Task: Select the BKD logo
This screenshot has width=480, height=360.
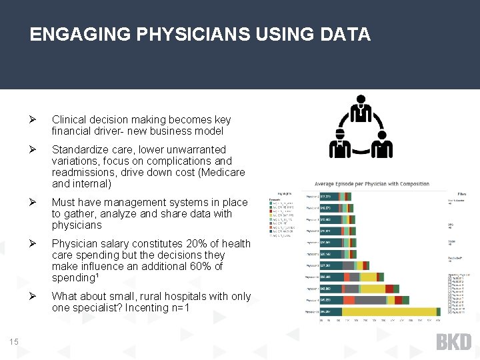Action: (453, 342)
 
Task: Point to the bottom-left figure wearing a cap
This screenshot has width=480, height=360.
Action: (340, 145)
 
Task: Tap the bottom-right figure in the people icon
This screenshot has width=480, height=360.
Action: (381, 145)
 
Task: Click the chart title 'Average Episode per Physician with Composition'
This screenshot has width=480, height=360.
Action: (372, 184)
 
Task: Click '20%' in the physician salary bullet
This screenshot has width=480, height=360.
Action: (192, 243)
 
